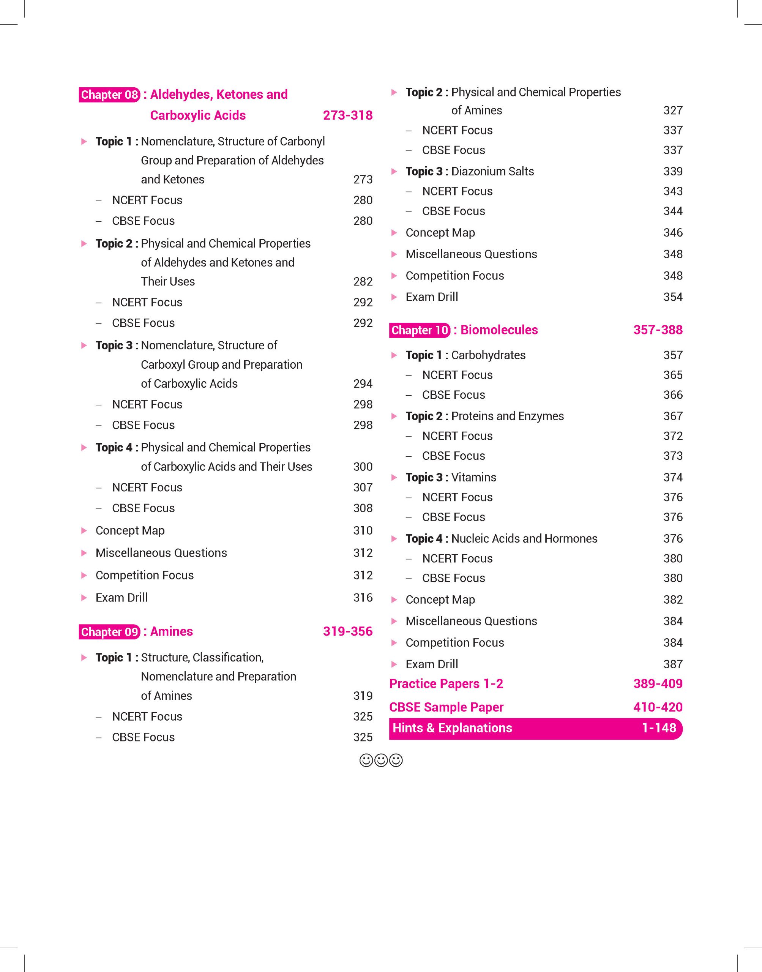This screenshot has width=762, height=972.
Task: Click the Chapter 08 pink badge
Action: click(109, 95)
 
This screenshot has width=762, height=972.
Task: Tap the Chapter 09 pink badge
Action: click(109, 632)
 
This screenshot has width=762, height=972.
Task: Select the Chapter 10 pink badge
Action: click(420, 330)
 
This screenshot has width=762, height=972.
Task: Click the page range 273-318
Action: click(347, 115)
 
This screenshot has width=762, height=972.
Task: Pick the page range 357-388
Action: click(658, 330)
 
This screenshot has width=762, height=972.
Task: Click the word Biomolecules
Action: click(499, 330)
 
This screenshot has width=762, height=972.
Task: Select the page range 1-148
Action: click(658, 728)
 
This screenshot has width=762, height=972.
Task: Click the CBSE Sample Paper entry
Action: click(446, 707)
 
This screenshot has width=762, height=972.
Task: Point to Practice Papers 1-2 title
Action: click(446, 684)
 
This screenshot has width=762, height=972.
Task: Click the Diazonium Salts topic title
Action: click(492, 171)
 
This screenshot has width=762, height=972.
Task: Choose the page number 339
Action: click(672, 171)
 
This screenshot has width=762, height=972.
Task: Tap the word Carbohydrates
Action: click(488, 355)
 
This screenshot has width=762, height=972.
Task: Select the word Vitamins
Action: click(473, 477)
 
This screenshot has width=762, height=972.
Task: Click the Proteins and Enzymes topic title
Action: click(507, 416)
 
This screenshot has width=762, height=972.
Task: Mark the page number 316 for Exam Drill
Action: click(363, 598)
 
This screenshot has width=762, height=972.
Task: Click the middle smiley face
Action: click(381, 760)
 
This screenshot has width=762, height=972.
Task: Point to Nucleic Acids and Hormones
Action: click(524, 539)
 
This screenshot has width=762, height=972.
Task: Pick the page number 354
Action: click(672, 297)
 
